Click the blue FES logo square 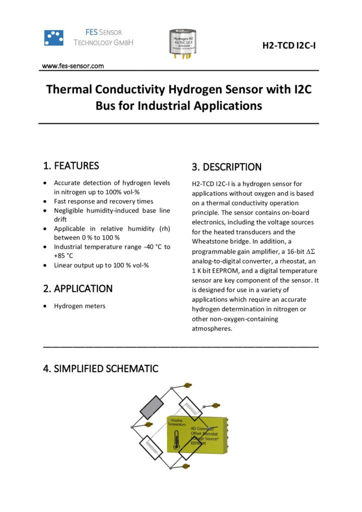click(54, 37)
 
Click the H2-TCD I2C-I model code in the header click(290, 46)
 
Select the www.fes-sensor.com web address click(72, 65)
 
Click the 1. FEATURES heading click(71, 165)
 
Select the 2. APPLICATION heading click(77, 288)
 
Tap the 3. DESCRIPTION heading click(226, 167)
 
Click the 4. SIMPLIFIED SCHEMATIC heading click(100, 368)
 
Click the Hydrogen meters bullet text click(79, 306)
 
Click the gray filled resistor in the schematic click(152, 407)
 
